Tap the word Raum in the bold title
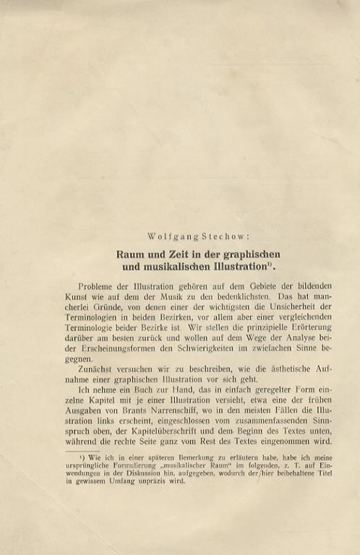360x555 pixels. [x=132, y=254]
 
